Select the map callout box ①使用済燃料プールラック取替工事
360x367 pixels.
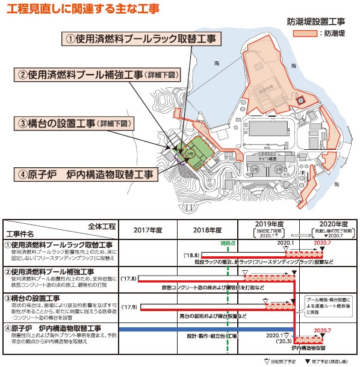pyautogui.click(x=138, y=39)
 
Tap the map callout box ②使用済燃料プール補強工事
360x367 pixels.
pyautogui.click(x=97, y=75)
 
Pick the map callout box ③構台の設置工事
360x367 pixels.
pyautogui.click(x=75, y=123)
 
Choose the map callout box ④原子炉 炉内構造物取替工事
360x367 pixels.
pyautogui.click(x=84, y=174)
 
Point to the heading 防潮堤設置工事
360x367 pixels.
pyautogui.click(x=317, y=20)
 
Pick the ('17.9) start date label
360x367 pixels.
pyautogui.click(x=131, y=307)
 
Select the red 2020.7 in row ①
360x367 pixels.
pyautogui.click(x=323, y=242)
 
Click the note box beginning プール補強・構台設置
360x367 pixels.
pyautogui.click(x=329, y=305)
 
